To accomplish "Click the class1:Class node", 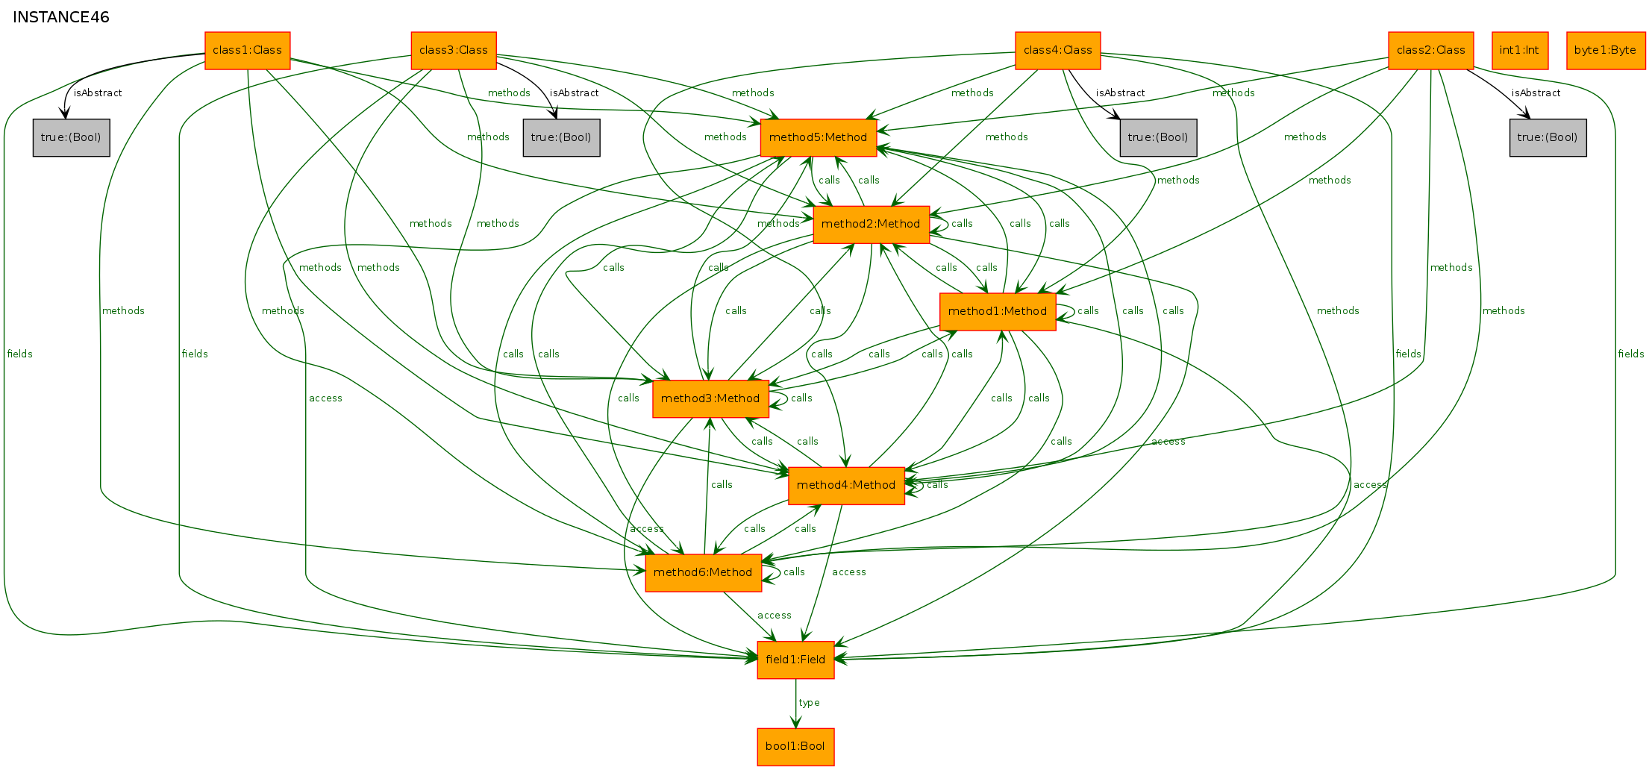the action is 247,51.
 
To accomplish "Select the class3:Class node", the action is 454,51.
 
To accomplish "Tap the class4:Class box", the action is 1058,51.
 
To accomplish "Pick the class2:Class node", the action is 1431,51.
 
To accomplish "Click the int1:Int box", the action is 1520,51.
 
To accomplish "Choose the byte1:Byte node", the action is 1606,51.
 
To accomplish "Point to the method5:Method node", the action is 819,137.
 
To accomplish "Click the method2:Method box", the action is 872,225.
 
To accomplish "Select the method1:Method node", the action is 998,312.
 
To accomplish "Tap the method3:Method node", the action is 710,398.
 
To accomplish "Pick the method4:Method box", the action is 846,486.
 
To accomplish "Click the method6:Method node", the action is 704,573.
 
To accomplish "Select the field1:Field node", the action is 795,660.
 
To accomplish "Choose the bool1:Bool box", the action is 795,747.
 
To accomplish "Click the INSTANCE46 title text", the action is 61,17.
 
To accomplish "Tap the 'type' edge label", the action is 809,703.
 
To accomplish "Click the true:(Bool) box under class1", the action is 72,137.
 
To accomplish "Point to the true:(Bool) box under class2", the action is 1548,137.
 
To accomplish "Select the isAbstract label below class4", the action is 1120,93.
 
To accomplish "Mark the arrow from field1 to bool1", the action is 795,704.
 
